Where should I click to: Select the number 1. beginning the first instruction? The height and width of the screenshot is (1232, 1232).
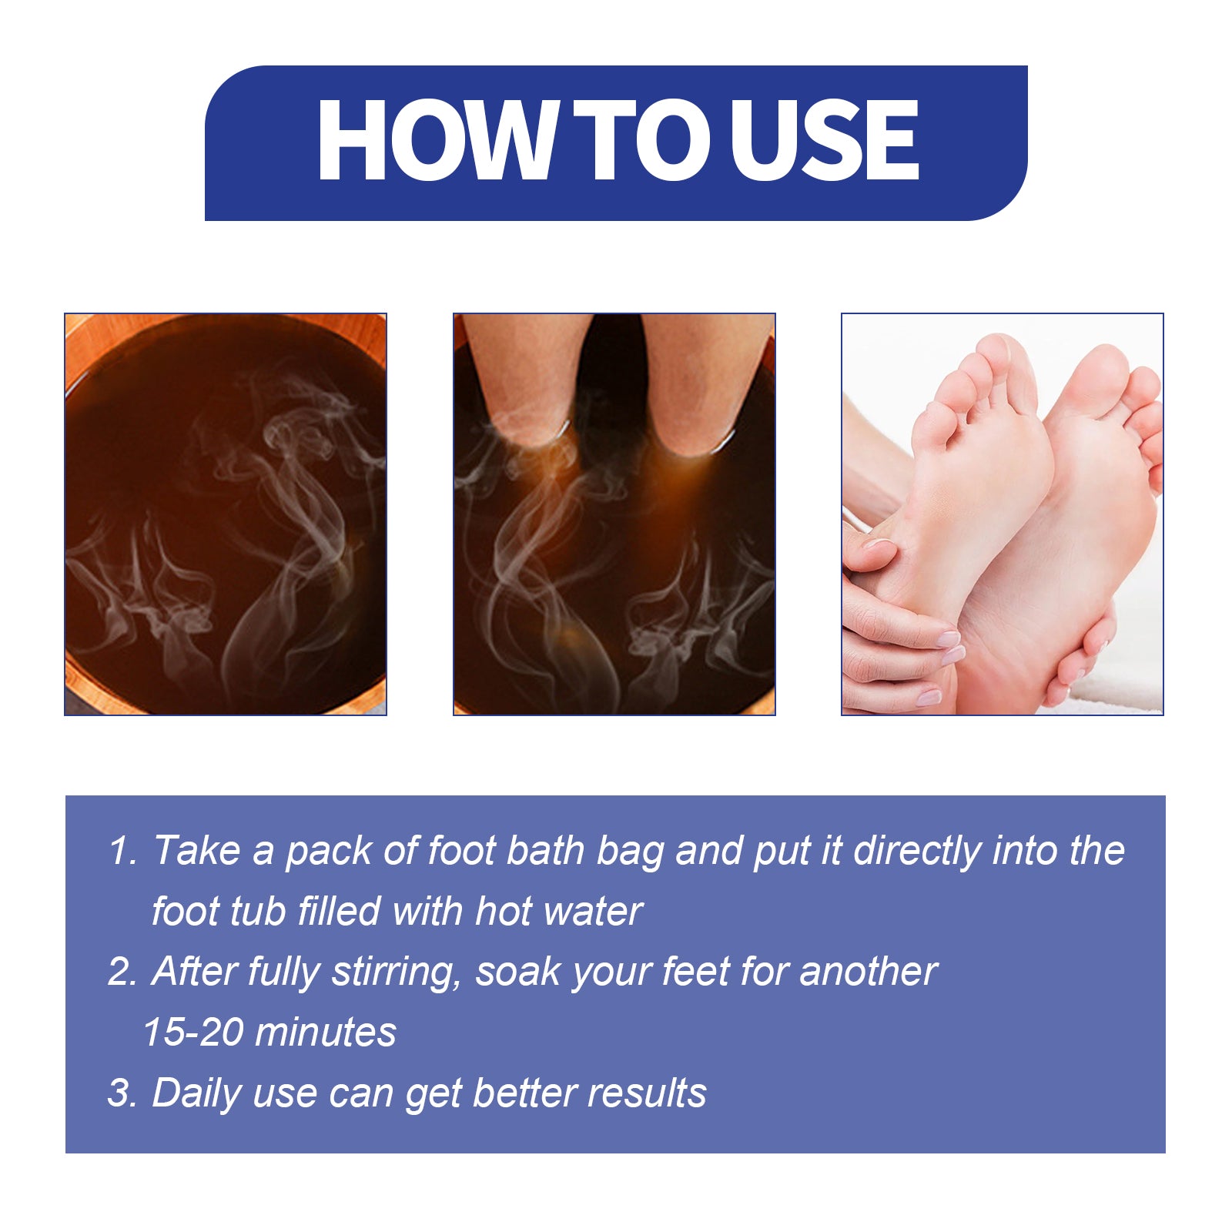tap(122, 852)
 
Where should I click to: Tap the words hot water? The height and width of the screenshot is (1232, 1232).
tap(558, 912)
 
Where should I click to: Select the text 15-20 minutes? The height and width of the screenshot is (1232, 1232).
tap(269, 1033)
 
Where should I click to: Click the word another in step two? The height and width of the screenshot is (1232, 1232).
tap(868, 972)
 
